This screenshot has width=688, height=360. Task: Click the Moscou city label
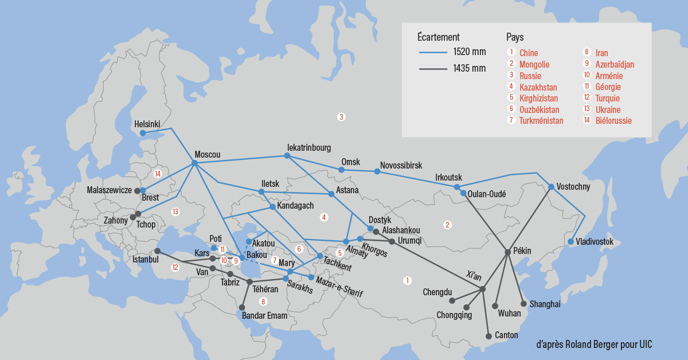(x=207, y=154)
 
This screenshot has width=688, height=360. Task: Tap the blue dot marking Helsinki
(x=142, y=133)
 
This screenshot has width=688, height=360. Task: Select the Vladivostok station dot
(x=570, y=241)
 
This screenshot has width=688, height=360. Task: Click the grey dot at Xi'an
(x=483, y=289)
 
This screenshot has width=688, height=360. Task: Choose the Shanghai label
(x=545, y=304)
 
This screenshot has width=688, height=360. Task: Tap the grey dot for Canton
(x=488, y=335)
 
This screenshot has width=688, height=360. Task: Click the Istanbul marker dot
(x=157, y=251)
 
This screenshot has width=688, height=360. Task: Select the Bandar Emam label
(x=264, y=315)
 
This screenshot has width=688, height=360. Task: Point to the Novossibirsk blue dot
(x=377, y=171)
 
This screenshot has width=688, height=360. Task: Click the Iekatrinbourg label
(x=309, y=147)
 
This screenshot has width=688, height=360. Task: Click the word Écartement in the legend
(x=439, y=37)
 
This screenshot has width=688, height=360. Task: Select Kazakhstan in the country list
(x=538, y=87)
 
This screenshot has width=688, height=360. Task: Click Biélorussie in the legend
(x=613, y=121)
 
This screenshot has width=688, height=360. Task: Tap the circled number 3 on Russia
(x=341, y=117)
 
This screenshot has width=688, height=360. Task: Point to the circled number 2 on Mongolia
(x=448, y=225)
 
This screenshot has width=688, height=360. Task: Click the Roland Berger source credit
(x=594, y=345)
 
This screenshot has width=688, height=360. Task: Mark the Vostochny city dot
(x=551, y=187)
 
